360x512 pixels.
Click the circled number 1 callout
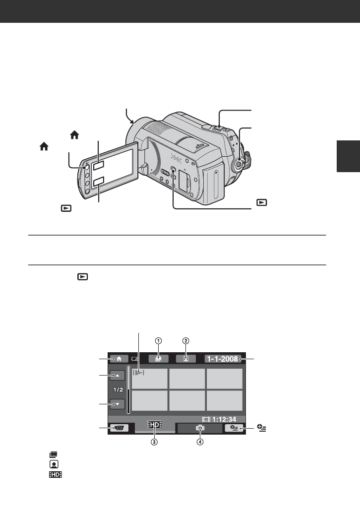[158, 341]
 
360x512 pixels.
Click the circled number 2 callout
[186, 341]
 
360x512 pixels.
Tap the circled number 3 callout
[154, 442]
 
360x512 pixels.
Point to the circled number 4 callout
[200, 442]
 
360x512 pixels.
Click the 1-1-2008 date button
[223, 359]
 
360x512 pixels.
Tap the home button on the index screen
[119, 359]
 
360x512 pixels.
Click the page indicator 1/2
[118, 389]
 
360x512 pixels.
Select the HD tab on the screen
[154, 425]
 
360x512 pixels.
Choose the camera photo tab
[200, 428]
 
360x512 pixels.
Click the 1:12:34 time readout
[224, 419]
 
